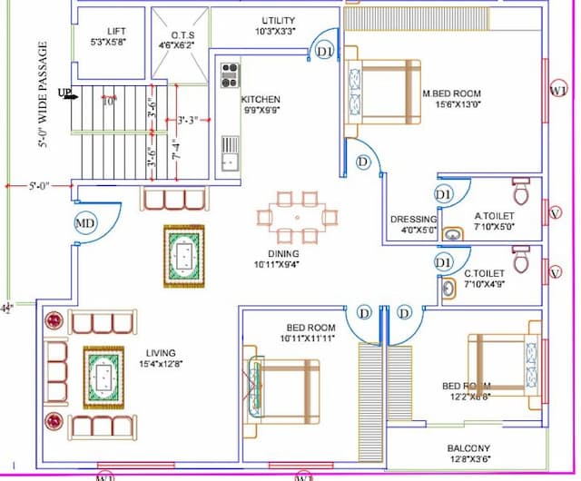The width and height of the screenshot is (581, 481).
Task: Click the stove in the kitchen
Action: tap(230, 74)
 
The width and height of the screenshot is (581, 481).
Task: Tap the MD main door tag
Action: tap(85, 222)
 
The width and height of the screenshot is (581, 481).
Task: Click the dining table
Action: tap(296, 217)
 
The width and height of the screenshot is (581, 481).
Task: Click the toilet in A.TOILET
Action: tap(521, 193)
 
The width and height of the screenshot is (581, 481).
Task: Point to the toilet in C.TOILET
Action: tap(521, 260)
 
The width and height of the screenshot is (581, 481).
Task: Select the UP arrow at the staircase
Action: tap(65, 93)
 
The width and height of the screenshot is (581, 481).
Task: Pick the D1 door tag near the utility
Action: tap(325, 53)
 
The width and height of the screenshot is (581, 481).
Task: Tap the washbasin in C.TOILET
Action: tap(448, 289)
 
